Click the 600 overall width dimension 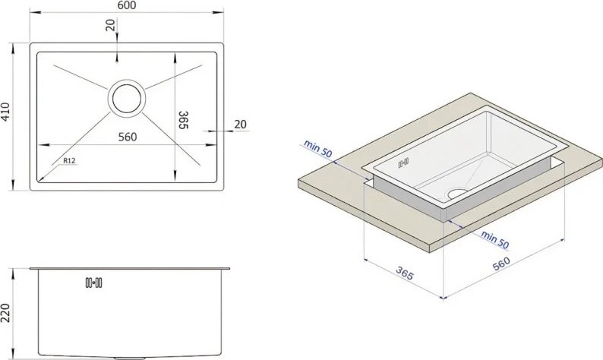click(127, 5)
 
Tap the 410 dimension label click(5, 112)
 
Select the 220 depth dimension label click(5, 313)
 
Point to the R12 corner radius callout click(70, 161)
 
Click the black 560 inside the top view click(128, 137)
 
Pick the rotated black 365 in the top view click(184, 120)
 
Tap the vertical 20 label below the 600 click(110, 25)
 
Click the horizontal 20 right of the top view click(240, 125)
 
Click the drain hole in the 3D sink click(457, 194)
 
